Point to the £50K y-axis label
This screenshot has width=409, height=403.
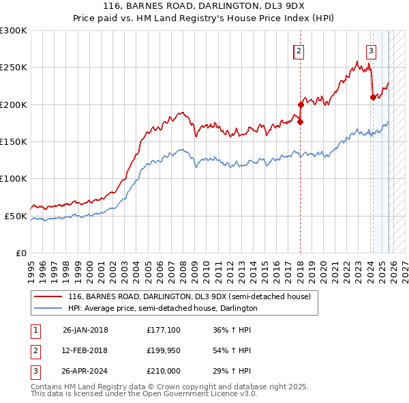[16, 216]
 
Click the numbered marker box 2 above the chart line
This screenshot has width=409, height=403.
[299, 50]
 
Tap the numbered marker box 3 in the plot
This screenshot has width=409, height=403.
[371, 50]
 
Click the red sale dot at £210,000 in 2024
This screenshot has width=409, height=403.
[372, 97]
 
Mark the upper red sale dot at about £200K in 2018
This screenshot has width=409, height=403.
[301, 105]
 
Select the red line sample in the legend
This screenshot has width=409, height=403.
[49, 297]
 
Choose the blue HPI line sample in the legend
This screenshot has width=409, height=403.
[49, 308]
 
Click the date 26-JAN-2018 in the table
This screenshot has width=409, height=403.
[85, 330]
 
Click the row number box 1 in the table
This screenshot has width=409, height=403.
[34, 330]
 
